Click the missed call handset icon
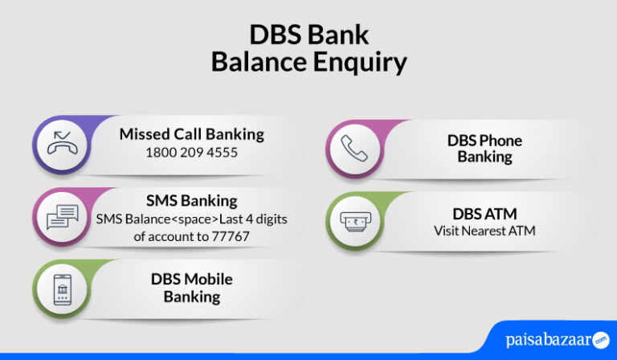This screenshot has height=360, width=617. pos(61,145)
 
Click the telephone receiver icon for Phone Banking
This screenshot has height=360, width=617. pos(354,149)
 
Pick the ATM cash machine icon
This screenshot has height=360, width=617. pos(354,220)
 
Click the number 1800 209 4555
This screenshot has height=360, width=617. pos(191,152)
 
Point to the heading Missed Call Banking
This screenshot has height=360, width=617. pos(191,134)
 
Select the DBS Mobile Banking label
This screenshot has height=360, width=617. pos(192,288)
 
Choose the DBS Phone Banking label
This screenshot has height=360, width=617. pos(484,149)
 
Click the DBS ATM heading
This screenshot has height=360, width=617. pos(484,214)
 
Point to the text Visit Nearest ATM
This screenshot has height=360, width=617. pos(484,231)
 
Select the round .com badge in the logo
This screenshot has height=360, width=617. pos(599,339)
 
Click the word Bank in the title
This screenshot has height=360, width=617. pos(341,35)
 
